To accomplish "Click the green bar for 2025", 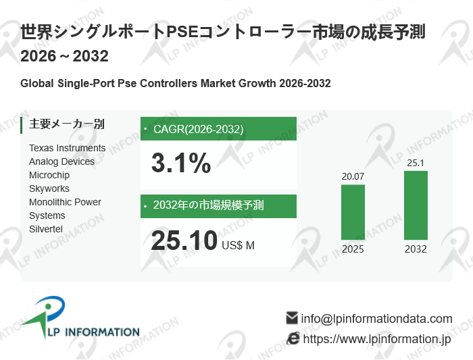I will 353,212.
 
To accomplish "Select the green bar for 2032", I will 416,205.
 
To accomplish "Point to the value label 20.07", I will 353,177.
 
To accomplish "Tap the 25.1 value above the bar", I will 416,163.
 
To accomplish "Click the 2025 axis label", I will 353,249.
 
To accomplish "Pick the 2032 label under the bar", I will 416,249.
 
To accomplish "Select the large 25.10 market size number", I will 184,240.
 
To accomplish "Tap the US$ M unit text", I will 239,245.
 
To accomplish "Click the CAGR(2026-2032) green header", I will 218,129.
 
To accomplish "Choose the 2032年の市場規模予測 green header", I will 218,205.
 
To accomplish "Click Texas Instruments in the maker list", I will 68,148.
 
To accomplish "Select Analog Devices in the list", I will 62,161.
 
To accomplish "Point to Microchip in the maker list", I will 49,175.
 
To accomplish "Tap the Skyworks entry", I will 49,188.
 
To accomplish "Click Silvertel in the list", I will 46,229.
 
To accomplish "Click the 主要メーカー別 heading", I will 67,124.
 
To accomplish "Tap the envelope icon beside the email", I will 292,317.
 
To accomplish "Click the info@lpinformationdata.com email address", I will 376,319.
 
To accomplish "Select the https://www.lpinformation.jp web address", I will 376,339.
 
